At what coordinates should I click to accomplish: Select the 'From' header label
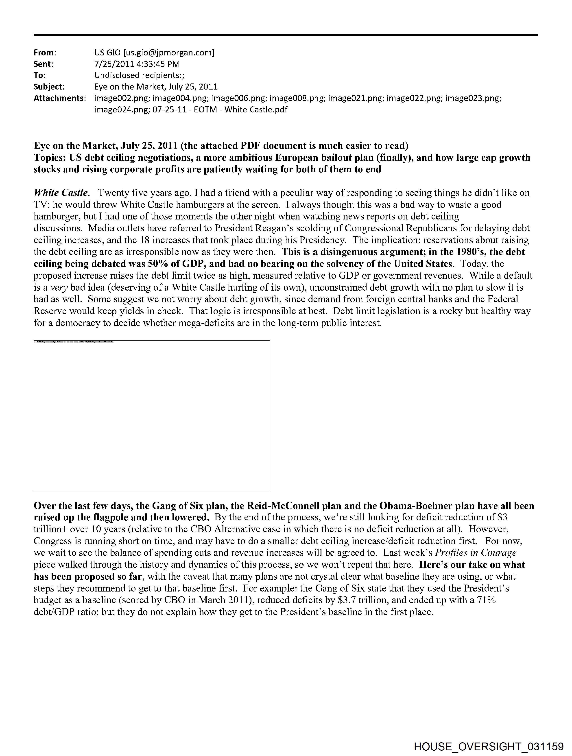(44, 53)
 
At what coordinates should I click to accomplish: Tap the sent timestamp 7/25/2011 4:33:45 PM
(137, 64)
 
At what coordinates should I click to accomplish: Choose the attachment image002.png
(122, 99)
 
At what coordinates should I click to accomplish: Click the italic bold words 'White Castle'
(61, 193)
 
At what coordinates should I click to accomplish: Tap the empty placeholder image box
(151, 416)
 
